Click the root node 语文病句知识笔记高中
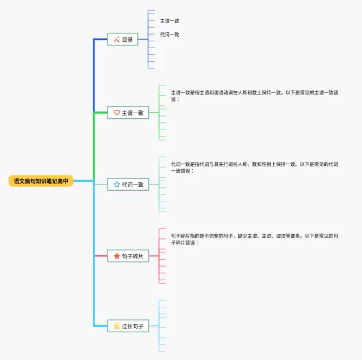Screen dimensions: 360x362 [x=41, y=181]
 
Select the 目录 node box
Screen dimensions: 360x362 [x=123, y=40]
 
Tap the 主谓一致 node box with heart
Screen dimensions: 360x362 [x=128, y=113]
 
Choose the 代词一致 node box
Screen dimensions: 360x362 [x=128, y=184]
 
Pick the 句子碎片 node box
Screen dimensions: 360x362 [x=128, y=256]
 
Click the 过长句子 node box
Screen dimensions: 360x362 [x=128, y=325]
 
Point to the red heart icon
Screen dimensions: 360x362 [x=117, y=113]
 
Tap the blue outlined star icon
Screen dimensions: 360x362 [x=117, y=184]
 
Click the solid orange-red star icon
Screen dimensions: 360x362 [x=117, y=256]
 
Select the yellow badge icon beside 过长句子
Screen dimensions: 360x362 [x=117, y=325]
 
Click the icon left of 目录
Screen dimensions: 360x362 [x=117, y=40]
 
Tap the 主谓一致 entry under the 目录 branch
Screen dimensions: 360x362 [x=170, y=21]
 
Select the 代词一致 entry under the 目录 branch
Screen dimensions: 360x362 [x=170, y=35]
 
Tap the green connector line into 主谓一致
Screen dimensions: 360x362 [x=100, y=113]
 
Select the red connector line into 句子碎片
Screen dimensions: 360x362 [x=100, y=256]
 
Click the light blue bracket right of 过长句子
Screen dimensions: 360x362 [x=160, y=325]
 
